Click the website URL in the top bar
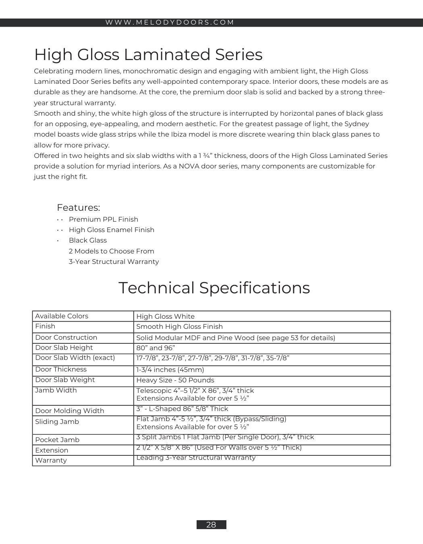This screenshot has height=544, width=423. pos(170,23)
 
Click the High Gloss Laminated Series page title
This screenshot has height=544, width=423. pos(148,54)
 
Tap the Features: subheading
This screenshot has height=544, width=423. pos(78,208)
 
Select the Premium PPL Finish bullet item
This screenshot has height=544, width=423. pos(104,219)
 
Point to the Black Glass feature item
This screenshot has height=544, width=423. pos(88,240)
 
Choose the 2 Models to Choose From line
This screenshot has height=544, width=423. pos(112,251)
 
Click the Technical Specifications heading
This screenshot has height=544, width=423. pos(214,288)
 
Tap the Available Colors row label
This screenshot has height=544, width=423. pos(62,316)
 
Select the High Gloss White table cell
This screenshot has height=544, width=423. pos(165,316)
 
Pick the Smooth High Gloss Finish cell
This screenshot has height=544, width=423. pos(179,326)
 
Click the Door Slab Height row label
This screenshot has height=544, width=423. pos(64,347)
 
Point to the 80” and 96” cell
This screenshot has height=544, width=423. pos(156,348)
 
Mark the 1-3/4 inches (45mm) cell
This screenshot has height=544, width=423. pos(170,370)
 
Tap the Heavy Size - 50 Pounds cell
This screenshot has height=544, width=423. pos(175,380)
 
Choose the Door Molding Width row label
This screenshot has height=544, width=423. pos(70,411)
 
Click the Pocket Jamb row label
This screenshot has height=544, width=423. pos(57,440)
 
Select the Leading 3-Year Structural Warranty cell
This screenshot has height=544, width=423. pos(196,458)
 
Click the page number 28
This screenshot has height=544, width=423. pos(211,525)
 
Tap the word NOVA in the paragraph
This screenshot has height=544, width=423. pos(190,166)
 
